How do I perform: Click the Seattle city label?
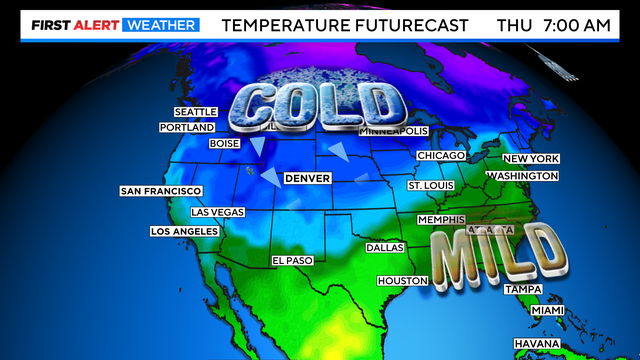click(x=195, y=112)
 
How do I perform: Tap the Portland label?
click(x=187, y=128)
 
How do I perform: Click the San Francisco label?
click(x=161, y=191)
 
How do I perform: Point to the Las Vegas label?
click(x=217, y=212)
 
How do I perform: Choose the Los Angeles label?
click(x=183, y=231)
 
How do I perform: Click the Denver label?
click(x=307, y=178)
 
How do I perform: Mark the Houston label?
click(x=402, y=281)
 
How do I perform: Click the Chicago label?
click(x=441, y=156)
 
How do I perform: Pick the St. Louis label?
click(x=431, y=186)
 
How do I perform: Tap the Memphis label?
click(x=440, y=219)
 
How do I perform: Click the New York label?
click(x=531, y=159)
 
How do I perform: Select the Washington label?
click(x=521, y=176)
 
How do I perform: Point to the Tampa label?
click(x=522, y=289)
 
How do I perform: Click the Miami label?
click(x=547, y=311)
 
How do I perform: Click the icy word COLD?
click(x=318, y=105)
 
